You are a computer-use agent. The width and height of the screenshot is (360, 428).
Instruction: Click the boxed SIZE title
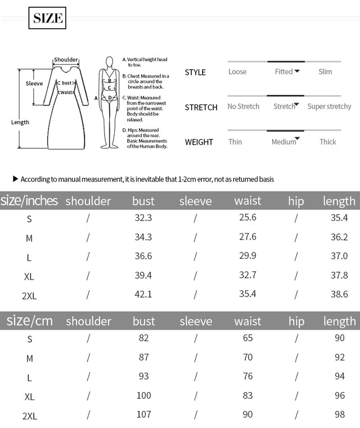tap(47, 18)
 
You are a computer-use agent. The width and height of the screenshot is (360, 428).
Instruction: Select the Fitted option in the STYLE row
tap(284, 71)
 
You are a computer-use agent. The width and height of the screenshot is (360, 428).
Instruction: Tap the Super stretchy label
tap(329, 106)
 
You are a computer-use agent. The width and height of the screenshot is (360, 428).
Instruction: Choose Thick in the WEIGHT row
tap(327, 142)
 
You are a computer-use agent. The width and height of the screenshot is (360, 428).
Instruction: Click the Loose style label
tap(237, 71)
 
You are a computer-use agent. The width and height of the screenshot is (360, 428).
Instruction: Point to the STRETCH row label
tap(201, 107)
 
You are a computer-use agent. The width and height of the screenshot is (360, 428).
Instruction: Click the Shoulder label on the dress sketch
tap(66, 60)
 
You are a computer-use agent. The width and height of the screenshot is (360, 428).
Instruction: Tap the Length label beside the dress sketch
tap(20, 122)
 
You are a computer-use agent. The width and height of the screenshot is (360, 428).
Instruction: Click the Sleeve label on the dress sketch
tap(34, 84)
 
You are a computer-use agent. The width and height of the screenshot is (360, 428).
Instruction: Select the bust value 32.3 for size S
tap(143, 218)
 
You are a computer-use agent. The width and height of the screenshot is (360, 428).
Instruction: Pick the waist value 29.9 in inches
tap(247, 256)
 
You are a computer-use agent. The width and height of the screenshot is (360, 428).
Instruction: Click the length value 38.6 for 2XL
tap(339, 294)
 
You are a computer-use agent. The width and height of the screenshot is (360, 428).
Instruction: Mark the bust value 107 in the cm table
tap(144, 415)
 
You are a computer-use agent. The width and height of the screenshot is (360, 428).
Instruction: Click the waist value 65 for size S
tap(247, 338)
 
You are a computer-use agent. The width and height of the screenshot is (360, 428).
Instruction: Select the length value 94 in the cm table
tap(339, 376)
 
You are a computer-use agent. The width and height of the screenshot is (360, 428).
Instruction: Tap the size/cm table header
tap(30, 321)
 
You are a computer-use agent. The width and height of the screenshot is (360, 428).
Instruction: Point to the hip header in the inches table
tap(296, 201)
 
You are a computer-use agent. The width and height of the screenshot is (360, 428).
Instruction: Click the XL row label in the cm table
tap(29, 397)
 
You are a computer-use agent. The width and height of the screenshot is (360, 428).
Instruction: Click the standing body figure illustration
tap(110, 102)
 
